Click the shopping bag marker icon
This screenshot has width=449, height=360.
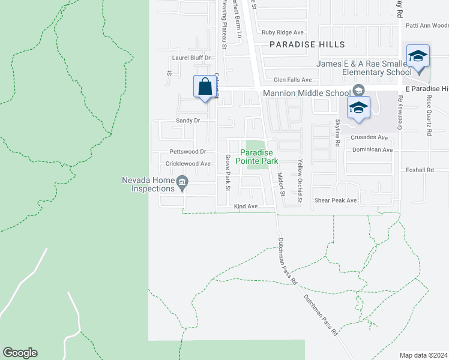click(205, 86)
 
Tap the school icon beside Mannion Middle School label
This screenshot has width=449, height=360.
click(358, 91)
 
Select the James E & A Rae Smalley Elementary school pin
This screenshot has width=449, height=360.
click(418, 57)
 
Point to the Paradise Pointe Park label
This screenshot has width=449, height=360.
click(256, 157)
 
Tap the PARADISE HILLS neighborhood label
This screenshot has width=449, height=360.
click(307, 44)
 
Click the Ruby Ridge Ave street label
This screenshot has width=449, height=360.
click(283, 32)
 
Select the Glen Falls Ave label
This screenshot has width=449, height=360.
click(293, 79)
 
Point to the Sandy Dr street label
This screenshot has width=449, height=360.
click(187, 121)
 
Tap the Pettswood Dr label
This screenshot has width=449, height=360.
click(188, 152)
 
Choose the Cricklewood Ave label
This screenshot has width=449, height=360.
click(188, 163)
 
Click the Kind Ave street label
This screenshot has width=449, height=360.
click(245, 206)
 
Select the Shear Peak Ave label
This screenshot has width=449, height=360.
click(336, 200)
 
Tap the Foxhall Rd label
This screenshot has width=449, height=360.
click(420, 170)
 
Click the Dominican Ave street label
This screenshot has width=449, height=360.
click(372, 149)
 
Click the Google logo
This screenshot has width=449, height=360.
click(20, 353)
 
